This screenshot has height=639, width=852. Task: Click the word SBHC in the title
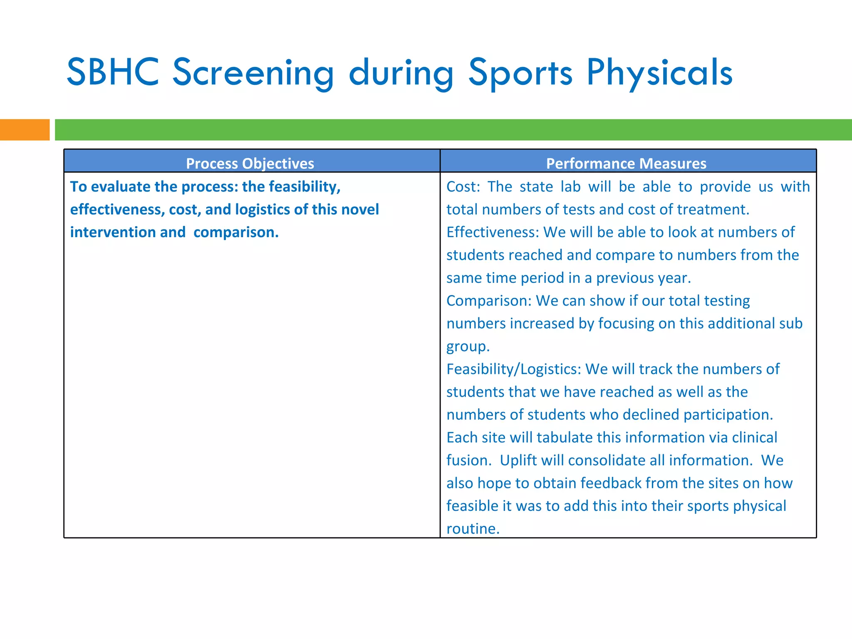tap(113, 72)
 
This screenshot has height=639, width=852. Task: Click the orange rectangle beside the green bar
tap(25, 130)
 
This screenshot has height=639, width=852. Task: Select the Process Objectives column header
tap(250, 163)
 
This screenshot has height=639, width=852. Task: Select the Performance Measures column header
tap(626, 163)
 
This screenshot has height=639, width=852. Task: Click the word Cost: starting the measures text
tap(463, 186)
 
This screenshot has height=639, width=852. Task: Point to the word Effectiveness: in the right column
tap(492, 232)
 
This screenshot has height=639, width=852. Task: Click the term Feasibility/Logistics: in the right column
tap(513, 369)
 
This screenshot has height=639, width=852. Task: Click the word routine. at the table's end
tap(473, 529)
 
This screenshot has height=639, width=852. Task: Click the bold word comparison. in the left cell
tap(236, 232)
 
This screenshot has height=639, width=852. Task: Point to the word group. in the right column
tap(468, 347)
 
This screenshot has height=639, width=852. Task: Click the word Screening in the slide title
tap(253, 73)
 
